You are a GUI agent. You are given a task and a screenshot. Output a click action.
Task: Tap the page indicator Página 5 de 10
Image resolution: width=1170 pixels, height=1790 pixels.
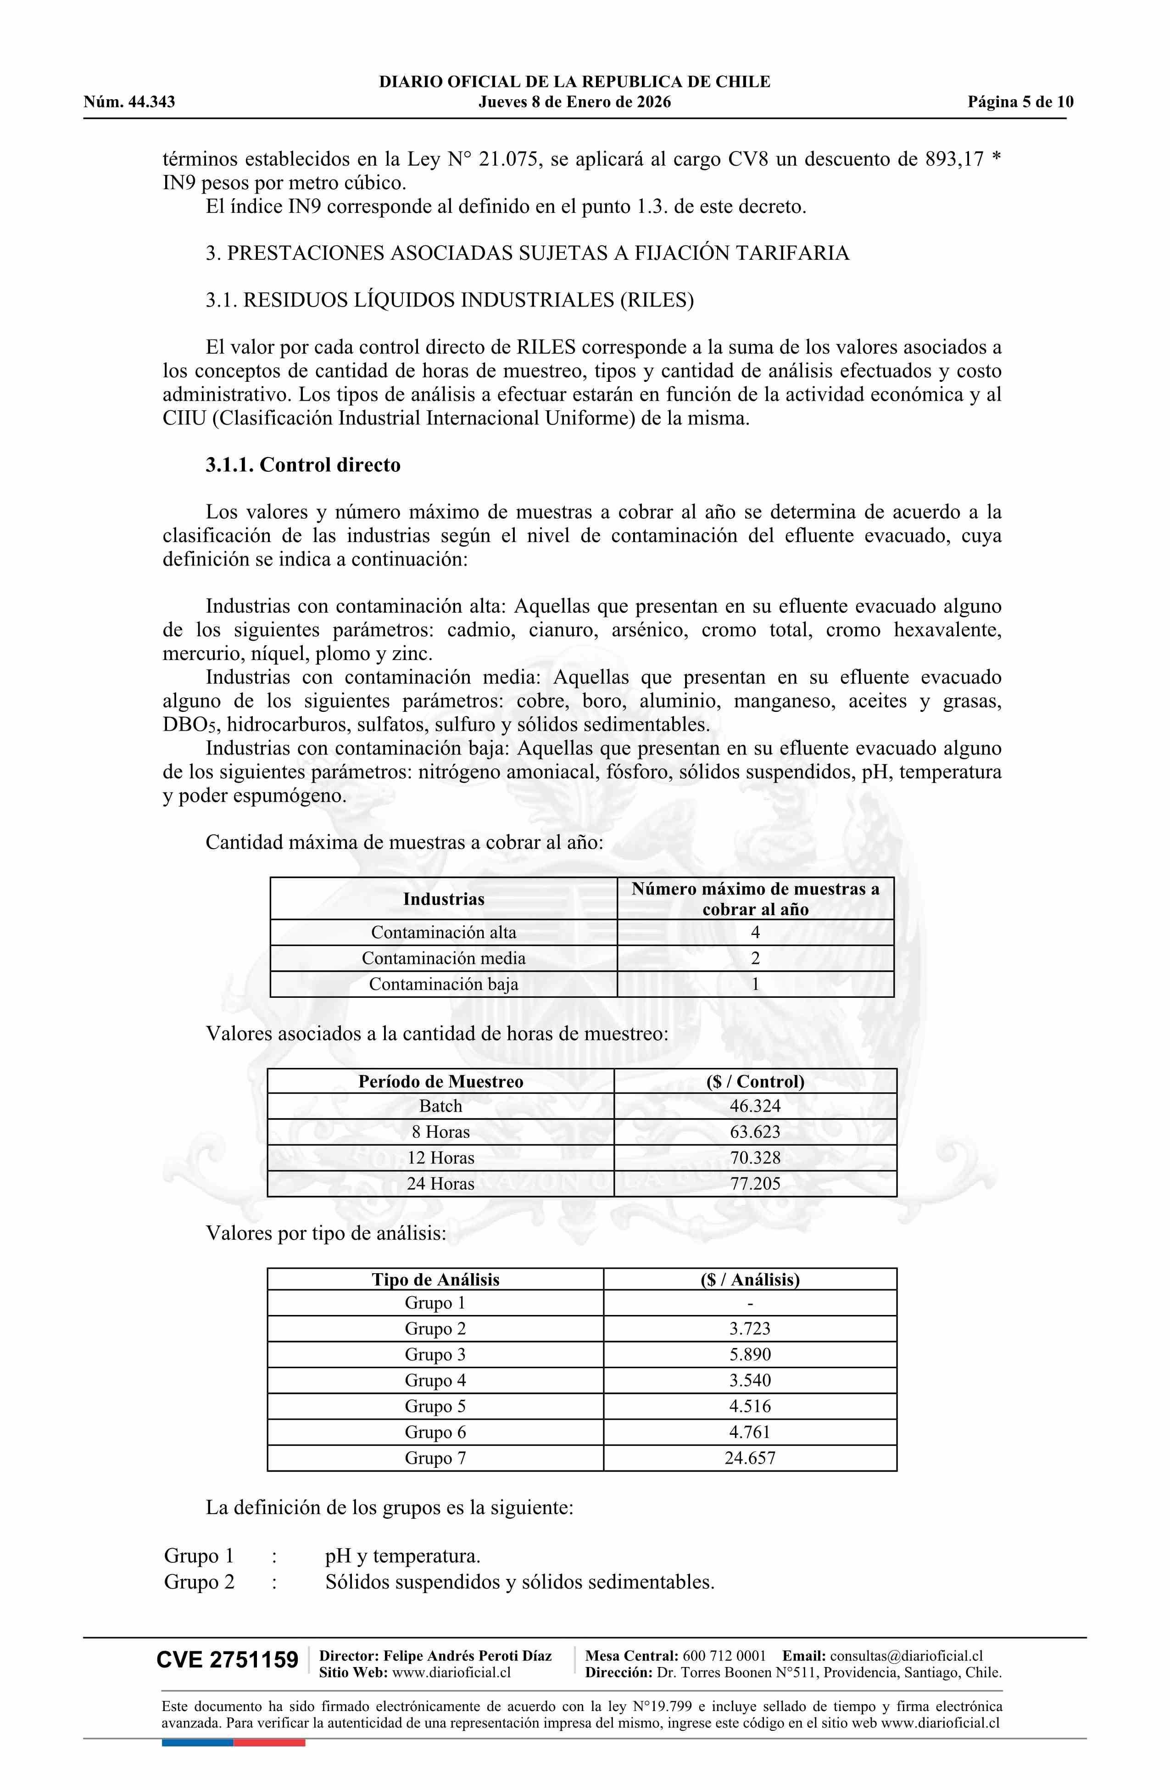(1020, 102)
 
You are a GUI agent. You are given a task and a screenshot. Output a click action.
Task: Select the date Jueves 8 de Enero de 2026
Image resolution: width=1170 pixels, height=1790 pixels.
(574, 102)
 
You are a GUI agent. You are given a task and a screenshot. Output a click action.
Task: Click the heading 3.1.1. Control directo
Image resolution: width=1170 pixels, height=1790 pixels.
(303, 465)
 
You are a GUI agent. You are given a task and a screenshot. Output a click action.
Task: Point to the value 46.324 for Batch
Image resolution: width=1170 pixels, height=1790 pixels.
(755, 1106)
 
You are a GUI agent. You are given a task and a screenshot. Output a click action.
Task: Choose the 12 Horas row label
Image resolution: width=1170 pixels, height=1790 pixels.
(440, 1158)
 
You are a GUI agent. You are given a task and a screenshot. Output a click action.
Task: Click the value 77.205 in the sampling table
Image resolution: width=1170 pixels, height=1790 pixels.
(755, 1184)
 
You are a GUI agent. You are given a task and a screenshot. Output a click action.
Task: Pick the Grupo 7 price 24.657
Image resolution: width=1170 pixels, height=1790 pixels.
(750, 1458)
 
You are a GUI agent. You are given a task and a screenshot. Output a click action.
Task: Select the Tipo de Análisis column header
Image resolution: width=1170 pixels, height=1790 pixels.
(435, 1279)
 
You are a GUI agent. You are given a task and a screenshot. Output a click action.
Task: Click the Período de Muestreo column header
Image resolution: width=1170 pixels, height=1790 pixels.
(440, 1081)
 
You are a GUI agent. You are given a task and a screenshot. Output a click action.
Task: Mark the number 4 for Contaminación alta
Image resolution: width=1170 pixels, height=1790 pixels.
(755, 933)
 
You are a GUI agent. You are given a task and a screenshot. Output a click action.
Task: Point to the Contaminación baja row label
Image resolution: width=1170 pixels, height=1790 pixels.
(444, 984)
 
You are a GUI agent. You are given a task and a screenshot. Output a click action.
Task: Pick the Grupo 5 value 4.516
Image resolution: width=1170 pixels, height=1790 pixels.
(750, 1406)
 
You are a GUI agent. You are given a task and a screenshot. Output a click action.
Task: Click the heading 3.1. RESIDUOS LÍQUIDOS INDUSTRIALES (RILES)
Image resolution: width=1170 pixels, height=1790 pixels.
(450, 300)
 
